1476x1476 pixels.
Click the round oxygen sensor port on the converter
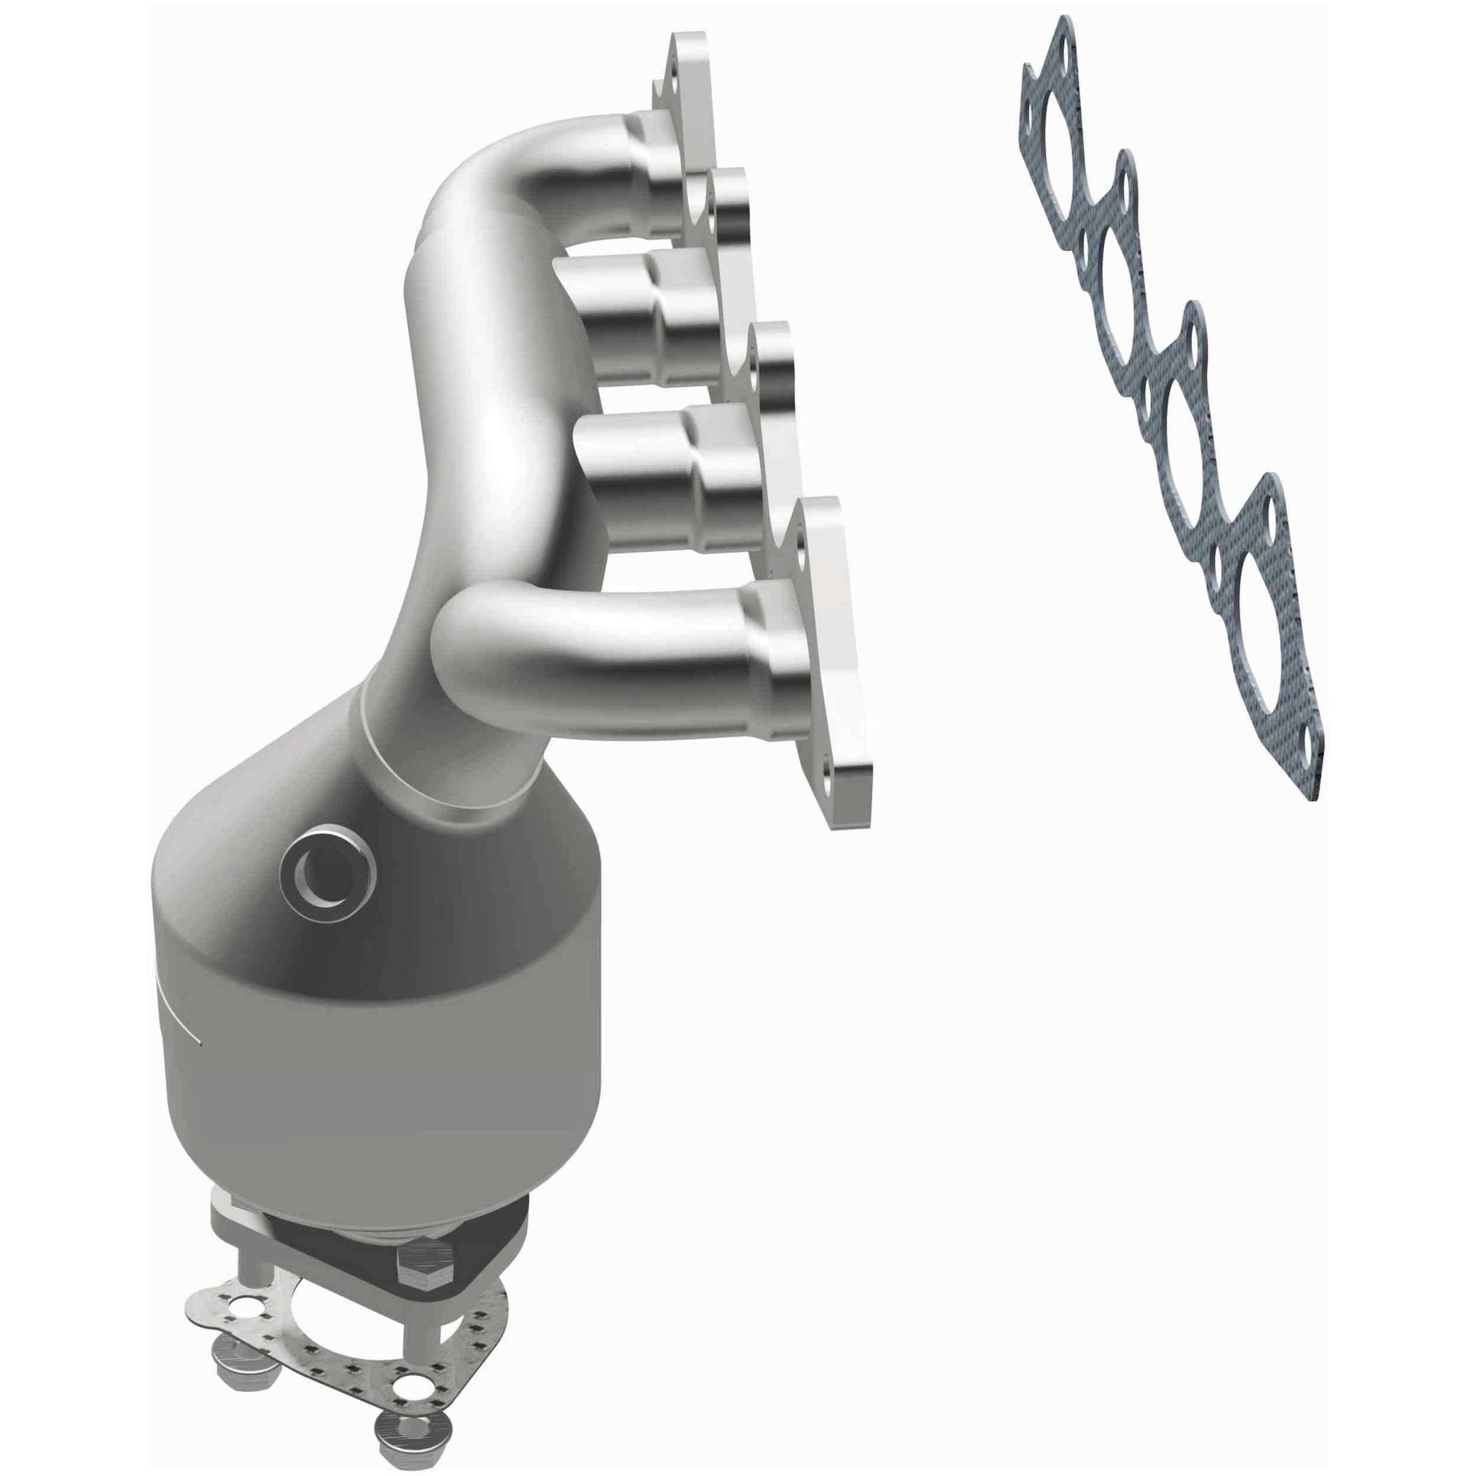(327, 879)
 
